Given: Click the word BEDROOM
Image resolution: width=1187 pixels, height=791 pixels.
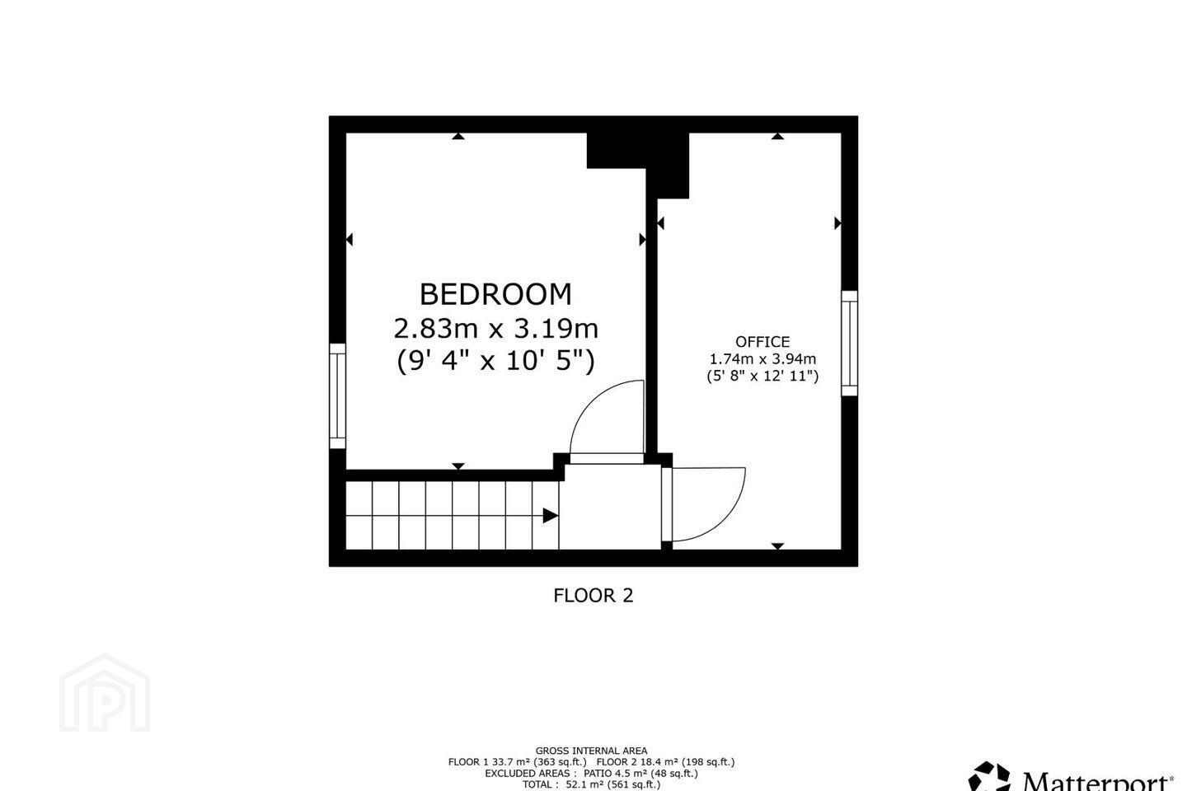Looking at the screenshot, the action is tap(495, 295).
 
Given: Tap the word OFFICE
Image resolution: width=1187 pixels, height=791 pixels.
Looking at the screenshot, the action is tap(762, 342).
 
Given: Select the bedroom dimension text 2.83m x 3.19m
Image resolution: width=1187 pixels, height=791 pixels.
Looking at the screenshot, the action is tap(495, 329).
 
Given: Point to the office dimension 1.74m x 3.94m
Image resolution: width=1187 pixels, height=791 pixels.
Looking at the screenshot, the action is tap(762, 358).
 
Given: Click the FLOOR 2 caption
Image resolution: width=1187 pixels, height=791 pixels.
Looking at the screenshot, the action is tap(593, 596).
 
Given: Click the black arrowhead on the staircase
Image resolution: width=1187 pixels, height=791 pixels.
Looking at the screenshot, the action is tap(551, 516).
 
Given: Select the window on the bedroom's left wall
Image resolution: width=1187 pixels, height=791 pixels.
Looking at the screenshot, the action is tap(338, 396).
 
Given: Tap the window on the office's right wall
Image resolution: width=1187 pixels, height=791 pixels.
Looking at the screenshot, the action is tap(849, 344).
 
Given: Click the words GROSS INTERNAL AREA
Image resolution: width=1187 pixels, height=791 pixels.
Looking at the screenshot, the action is tap(591, 751).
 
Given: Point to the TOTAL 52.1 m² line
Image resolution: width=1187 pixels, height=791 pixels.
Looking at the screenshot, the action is tap(591, 784).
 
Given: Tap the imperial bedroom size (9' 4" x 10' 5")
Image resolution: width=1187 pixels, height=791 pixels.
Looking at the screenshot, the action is tap(495, 362).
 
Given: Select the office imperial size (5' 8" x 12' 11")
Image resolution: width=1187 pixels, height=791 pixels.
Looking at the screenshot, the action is tap(762, 377).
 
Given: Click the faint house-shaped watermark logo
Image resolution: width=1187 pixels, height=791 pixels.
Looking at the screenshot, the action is tap(105, 693).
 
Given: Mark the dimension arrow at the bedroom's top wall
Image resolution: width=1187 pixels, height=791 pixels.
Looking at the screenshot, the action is tap(458, 136).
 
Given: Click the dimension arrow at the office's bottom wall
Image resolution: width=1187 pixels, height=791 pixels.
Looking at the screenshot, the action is tap(777, 546).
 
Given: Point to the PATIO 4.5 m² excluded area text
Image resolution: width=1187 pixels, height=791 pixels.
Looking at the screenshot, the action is tap(640, 774).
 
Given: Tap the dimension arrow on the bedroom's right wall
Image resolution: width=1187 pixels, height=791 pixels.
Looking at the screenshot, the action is tap(642, 240).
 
